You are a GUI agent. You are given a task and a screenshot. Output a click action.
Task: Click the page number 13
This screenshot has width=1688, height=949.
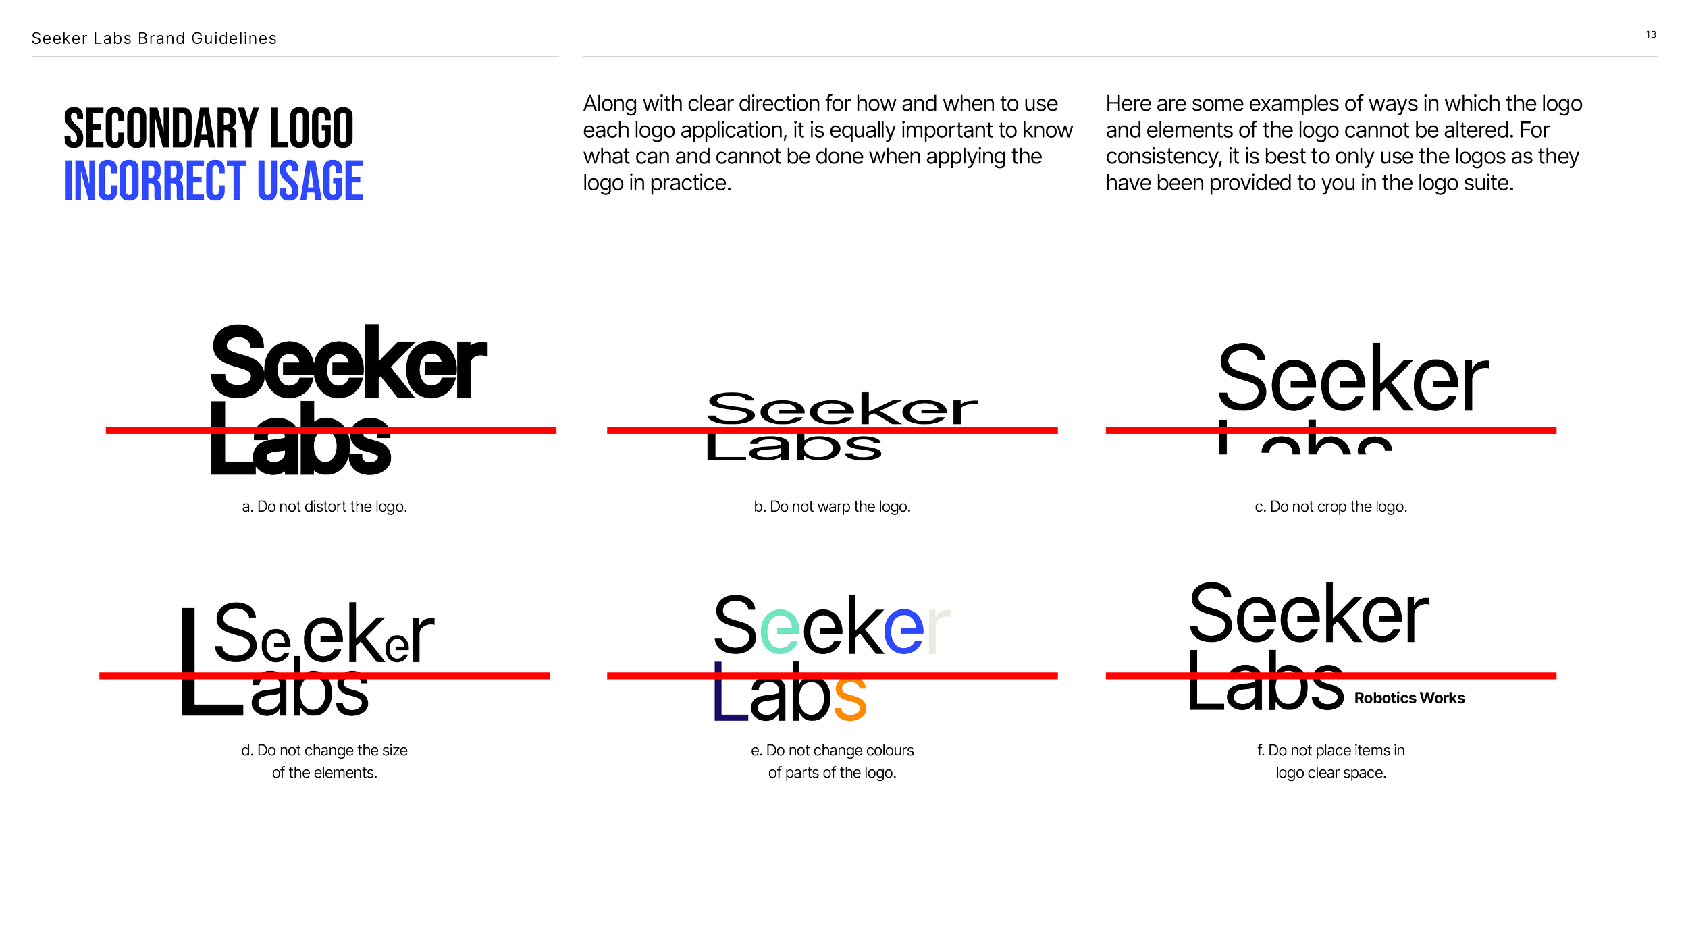coord(1650,34)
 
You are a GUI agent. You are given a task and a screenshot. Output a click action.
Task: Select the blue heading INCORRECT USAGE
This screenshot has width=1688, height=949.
coord(213,181)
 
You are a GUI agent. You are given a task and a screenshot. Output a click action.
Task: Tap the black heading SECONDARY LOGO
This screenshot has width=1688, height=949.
coord(209,128)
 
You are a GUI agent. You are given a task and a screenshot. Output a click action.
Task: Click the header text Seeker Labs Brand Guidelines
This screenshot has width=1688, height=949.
coord(154,38)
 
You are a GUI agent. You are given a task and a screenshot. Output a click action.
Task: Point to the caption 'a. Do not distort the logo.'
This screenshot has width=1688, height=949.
coord(324,506)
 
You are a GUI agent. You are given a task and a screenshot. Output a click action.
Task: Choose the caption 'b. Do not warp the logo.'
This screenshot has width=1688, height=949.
coord(832,506)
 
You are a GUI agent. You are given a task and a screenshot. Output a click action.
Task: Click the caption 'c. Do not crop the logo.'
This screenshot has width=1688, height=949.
coord(1331,506)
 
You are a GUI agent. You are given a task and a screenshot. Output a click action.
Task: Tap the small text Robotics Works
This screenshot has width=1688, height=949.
coord(1409,698)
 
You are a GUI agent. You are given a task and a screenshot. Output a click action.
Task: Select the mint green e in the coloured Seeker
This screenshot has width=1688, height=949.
coord(780,630)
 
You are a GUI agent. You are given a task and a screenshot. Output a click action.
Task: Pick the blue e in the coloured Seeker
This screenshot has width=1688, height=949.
coord(903,630)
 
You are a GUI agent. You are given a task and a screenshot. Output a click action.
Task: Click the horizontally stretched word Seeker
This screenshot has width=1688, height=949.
coord(841,409)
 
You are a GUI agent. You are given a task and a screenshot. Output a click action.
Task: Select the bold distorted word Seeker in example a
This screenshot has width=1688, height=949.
coord(348,364)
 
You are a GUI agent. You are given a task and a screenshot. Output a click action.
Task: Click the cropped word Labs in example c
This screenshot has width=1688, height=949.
coord(1304,439)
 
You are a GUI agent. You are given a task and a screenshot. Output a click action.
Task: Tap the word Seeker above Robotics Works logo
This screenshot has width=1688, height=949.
coord(1309,614)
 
